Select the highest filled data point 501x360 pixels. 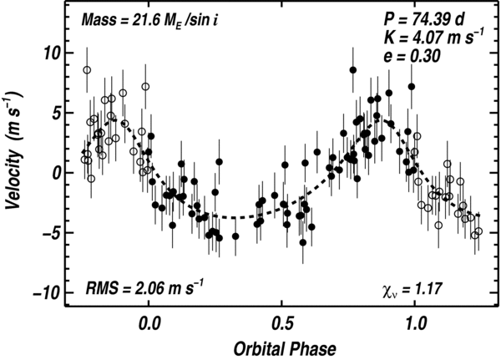coord(353,70)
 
